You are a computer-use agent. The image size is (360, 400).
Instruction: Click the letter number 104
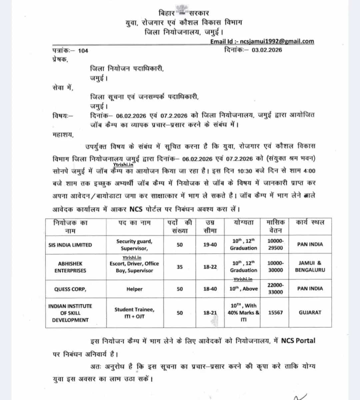(83, 51)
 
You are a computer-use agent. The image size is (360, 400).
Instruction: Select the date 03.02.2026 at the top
(267, 50)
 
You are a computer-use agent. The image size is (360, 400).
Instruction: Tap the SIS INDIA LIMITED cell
(70, 245)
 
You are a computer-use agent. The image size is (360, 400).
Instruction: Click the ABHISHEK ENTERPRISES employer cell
(70, 267)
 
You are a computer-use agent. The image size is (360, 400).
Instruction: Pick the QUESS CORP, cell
(70, 289)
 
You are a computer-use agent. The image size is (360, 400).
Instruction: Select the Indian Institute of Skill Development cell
(70, 313)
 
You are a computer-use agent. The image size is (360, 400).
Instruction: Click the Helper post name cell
(134, 289)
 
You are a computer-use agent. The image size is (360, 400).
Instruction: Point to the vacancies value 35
(180, 267)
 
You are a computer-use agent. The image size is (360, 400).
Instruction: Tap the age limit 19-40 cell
(210, 245)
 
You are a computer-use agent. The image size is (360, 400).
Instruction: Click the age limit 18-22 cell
(210, 267)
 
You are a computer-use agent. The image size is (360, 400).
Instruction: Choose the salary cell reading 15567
(275, 313)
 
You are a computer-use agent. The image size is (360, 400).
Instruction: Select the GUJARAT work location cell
(310, 313)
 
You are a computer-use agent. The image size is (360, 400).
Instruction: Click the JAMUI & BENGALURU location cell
(310, 266)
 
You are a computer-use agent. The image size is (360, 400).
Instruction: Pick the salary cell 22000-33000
(275, 288)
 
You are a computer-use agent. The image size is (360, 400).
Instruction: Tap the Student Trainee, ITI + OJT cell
(134, 313)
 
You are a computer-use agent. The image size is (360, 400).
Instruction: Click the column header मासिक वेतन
(275, 226)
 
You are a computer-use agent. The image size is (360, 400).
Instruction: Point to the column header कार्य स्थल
(310, 222)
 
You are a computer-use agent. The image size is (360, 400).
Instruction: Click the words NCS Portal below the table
(298, 340)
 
